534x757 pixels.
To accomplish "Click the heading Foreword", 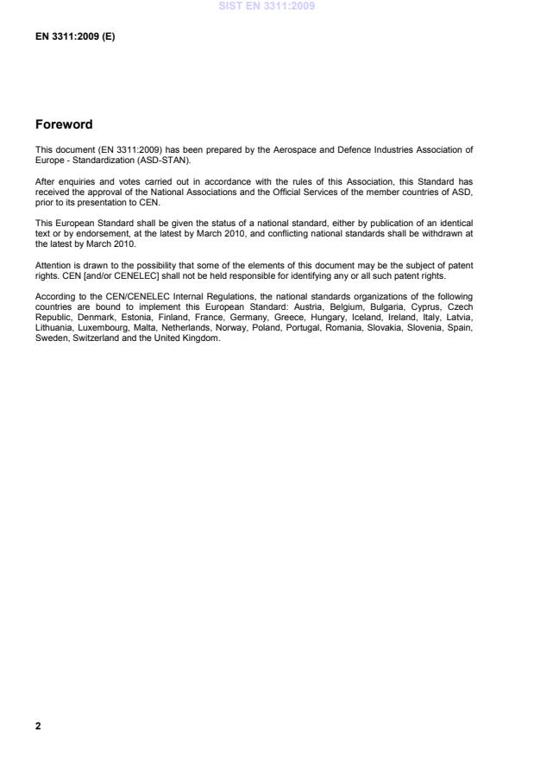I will pos(64,124).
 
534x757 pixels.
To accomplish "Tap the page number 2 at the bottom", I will pos(38,726).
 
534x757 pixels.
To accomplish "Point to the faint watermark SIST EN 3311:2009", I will pos(267,6).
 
